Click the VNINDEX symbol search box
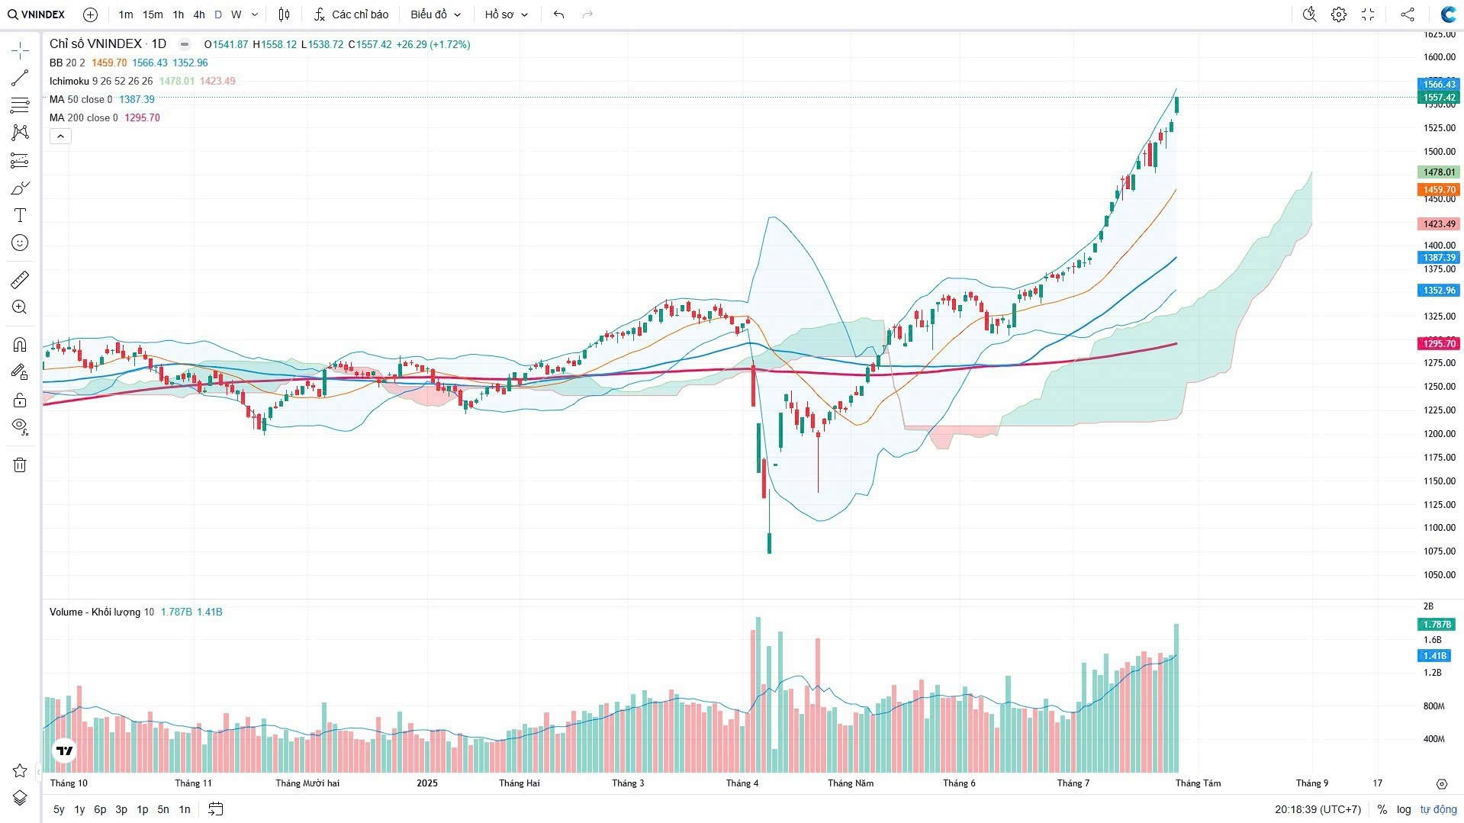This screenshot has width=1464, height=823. [37, 14]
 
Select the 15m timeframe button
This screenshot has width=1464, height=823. [153, 14]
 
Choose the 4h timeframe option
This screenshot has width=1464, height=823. [198, 14]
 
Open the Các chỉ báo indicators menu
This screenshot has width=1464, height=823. [351, 14]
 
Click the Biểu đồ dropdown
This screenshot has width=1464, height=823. [436, 14]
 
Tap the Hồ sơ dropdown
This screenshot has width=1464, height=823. [506, 14]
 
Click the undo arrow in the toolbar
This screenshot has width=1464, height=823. [558, 14]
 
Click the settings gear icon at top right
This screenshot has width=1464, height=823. [1338, 14]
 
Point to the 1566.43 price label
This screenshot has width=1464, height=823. [1439, 84]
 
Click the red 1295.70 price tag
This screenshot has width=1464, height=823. [1439, 344]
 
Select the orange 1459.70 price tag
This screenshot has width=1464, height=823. [1439, 190]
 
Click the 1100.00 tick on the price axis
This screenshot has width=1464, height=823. [1439, 528]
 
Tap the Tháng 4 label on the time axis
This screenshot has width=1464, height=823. [742, 783]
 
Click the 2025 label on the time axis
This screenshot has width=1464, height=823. [427, 783]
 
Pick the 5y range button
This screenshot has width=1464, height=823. [59, 809]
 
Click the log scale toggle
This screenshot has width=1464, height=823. [1404, 809]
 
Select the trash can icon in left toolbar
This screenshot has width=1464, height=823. [20, 465]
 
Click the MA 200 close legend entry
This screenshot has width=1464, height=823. [84, 117]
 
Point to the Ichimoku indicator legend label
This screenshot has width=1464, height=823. [69, 81]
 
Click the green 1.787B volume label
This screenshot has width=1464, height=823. [1437, 625]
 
